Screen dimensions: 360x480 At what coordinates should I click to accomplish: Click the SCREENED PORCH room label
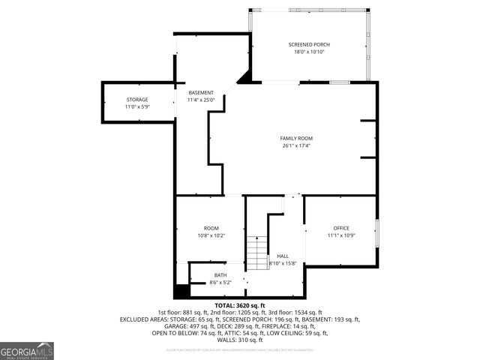point(309,44)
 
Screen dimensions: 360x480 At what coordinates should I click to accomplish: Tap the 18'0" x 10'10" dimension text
point(309,52)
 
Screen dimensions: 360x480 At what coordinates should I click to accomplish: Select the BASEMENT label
point(201,92)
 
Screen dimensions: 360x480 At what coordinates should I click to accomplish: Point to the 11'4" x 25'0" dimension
point(201,100)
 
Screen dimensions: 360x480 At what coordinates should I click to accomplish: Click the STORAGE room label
point(136,99)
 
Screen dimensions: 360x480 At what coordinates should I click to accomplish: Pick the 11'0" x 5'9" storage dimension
point(136,106)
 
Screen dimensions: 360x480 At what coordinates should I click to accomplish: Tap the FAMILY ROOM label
point(296,138)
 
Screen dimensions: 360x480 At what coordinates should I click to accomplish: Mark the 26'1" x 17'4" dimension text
point(296,145)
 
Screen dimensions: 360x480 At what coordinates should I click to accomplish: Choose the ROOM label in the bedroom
point(211,228)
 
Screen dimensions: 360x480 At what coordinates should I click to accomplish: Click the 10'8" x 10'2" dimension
point(211,235)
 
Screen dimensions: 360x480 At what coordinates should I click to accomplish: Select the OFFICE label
point(341,228)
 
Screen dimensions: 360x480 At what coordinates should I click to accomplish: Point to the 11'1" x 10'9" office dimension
point(341,235)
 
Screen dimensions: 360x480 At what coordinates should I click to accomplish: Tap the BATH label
point(220,274)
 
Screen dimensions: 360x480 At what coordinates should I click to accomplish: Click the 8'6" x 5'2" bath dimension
point(220,282)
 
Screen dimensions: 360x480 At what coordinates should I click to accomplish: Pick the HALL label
point(283,256)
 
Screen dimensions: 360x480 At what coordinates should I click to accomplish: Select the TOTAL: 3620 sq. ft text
point(240,306)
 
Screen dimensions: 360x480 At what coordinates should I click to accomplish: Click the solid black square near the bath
point(181,291)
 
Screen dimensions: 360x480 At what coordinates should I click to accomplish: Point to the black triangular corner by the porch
point(244,78)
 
